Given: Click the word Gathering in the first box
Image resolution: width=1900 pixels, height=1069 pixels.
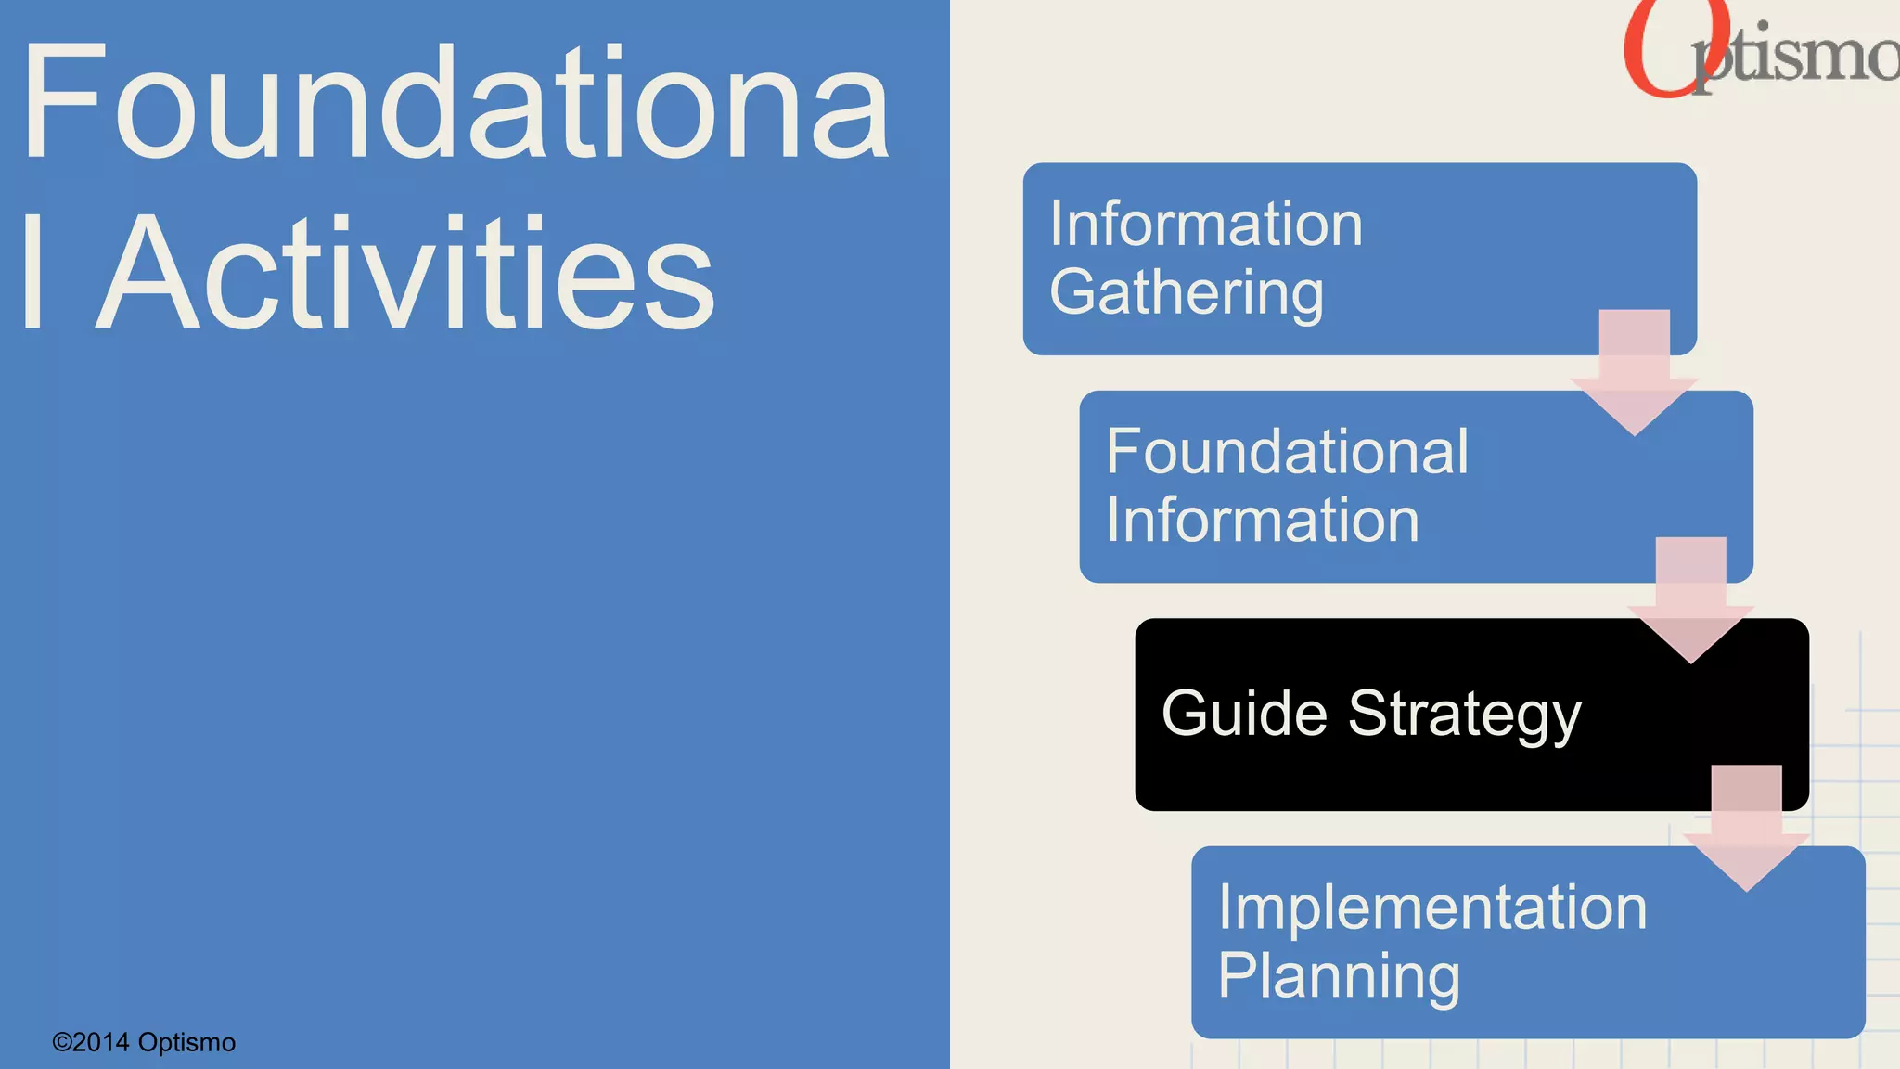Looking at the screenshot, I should [1187, 292].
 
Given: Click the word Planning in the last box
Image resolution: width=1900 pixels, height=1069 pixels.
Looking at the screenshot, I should [1339, 975].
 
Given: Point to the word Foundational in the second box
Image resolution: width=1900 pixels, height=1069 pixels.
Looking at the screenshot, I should [1287, 452].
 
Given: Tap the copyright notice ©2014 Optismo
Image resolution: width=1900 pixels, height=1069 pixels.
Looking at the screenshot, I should [144, 1042].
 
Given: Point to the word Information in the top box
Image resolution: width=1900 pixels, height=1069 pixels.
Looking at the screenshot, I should [1206, 225].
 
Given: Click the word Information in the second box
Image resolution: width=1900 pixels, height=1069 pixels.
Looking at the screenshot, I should [1263, 520].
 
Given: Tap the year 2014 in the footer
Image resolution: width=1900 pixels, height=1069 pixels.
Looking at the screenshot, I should [101, 1042].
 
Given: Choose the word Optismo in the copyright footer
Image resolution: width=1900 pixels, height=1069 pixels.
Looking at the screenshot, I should [186, 1042].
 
